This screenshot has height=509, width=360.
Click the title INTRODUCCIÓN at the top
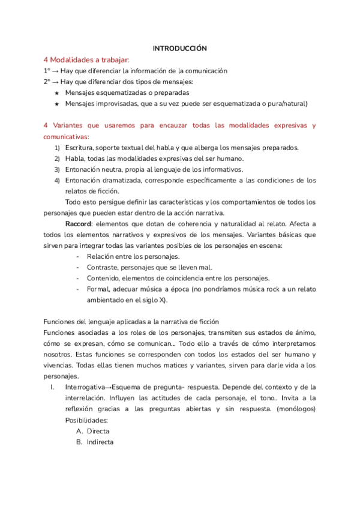click(179, 48)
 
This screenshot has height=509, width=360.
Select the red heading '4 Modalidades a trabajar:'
click(86, 60)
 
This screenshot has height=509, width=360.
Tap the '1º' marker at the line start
click(47, 71)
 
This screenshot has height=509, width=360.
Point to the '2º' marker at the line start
click(47, 82)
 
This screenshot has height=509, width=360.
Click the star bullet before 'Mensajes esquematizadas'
click(57, 93)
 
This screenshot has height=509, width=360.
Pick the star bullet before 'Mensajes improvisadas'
click(57, 104)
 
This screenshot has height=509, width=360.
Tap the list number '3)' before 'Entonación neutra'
click(57, 170)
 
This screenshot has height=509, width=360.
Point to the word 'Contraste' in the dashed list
click(103, 267)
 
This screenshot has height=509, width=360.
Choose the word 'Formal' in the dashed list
click(98, 289)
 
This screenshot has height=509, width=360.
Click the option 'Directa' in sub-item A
click(98, 431)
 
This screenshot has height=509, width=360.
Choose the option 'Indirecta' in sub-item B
click(100, 442)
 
